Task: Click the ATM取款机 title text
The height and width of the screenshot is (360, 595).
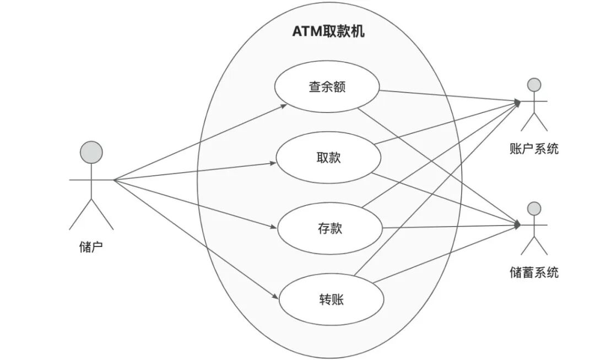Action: [328, 31]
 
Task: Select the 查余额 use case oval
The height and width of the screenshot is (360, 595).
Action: [327, 87]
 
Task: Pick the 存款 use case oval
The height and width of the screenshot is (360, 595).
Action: [329, 228]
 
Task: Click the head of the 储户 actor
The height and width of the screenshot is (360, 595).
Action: [91, 152]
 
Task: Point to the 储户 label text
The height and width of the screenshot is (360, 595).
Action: [91, 246]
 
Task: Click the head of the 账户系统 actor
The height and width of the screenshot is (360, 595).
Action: [533, 84]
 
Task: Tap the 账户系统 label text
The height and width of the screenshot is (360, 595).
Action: [534, 148]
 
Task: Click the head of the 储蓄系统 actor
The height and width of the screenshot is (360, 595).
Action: [533, 208]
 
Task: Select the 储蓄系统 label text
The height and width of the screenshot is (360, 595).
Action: [534, 272]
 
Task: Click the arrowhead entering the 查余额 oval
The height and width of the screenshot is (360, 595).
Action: [284, 105]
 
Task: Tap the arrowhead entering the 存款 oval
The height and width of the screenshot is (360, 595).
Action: [274, 227]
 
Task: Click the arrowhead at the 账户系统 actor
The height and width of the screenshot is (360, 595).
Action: [517, 102]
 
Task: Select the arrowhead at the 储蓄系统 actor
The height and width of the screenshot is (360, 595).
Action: [517, 225]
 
